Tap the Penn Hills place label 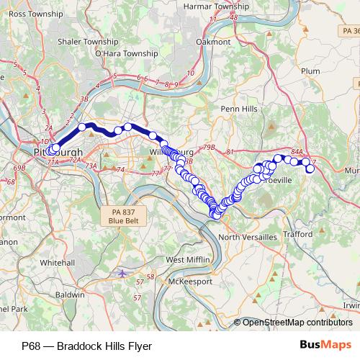pos(238,109)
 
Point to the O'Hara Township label pos(126,53)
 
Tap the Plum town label pos(310,71)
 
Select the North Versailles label pos(247,237)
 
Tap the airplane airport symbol pos(122,274)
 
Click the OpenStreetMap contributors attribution pos(297,322)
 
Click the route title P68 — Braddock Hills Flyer pos(86,346)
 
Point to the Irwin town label pos(351,305)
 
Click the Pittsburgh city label pos(58,153)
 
